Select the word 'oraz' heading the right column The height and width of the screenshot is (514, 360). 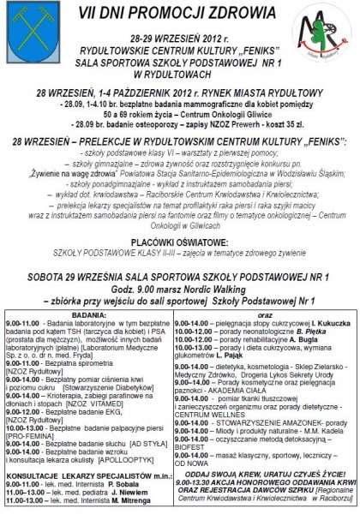[267, 314]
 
